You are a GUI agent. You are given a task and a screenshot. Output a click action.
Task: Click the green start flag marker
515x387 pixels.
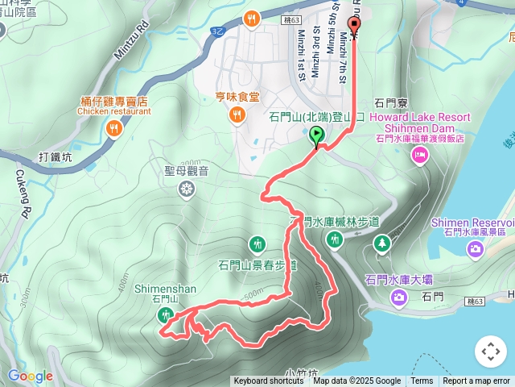317,135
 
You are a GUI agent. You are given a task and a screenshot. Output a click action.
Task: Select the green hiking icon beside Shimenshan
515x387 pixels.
164,315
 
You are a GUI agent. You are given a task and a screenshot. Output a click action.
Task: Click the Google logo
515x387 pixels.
30,376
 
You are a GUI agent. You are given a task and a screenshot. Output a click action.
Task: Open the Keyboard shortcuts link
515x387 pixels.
269,381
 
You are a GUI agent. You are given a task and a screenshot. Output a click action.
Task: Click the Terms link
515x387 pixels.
422,381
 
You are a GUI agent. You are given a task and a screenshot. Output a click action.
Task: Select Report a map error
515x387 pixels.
477,381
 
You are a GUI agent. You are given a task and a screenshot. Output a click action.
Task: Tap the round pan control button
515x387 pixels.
490,352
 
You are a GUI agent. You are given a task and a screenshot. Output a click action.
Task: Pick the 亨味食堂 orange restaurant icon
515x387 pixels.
237,115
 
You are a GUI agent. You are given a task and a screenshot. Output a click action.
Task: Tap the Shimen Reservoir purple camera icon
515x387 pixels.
476,248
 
